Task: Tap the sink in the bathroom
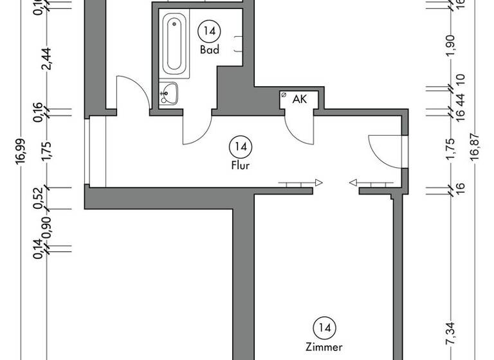click(x=169, y=94)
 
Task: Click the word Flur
click(x=241, y=165)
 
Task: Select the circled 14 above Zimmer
click(x=325, y=328)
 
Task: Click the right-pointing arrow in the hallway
click(x=318, y=183)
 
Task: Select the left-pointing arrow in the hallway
click(x=352, y=183)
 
